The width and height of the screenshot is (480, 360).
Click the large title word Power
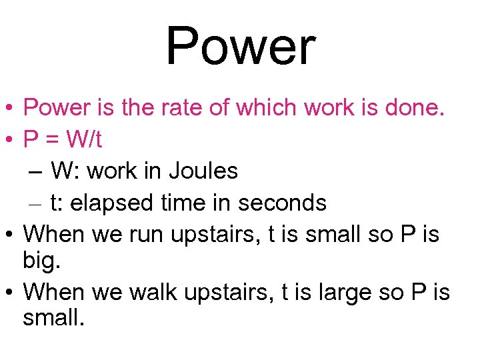pos(240,47)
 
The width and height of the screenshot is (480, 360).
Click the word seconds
pos(285,203)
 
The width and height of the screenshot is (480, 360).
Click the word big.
pos(41,259)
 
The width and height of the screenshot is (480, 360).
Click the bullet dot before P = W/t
pos(10,140)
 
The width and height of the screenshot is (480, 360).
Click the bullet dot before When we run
pos(10,235)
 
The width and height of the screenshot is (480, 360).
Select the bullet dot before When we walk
pos(10,293)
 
